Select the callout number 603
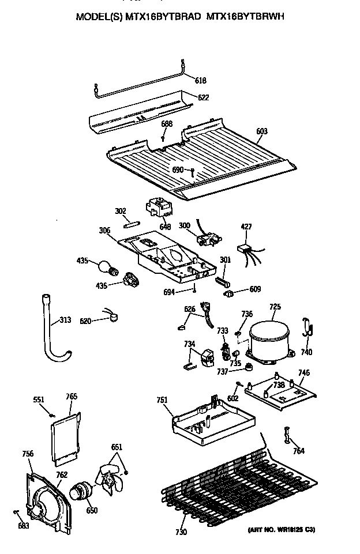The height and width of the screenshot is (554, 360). [261, 131]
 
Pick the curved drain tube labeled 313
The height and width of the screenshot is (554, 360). [50, 334]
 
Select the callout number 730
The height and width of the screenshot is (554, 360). [181, 532]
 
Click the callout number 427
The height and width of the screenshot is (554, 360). [246, 227]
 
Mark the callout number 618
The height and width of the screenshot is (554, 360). [201, 81]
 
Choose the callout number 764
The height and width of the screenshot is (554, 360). [298, 451]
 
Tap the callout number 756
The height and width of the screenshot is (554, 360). [28, 454]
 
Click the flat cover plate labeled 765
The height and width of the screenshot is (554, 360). [65, 438]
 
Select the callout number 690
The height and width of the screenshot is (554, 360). [178, 170]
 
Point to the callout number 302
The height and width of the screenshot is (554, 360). [120, 212]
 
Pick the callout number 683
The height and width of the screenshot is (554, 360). [22, 525]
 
